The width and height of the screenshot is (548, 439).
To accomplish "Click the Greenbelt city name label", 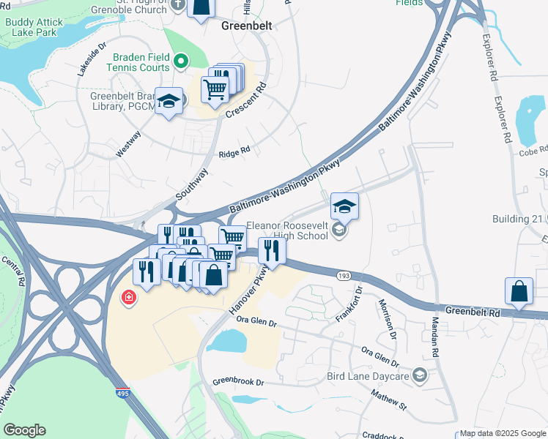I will point(246,26).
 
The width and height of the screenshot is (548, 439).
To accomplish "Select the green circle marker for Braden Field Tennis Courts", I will point(181,61).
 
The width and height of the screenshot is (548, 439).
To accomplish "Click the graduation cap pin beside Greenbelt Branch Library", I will point(169,102).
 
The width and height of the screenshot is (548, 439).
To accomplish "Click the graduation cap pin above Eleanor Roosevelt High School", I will point(344,206).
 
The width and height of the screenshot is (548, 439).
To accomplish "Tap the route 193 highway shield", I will point(343,276).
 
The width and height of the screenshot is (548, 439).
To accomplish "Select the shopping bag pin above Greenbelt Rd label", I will point(519,290).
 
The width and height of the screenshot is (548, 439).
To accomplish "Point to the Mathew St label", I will point(388,399).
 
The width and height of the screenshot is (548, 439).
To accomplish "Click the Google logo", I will point(24,430).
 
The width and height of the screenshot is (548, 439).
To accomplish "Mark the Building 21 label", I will point(518,219).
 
